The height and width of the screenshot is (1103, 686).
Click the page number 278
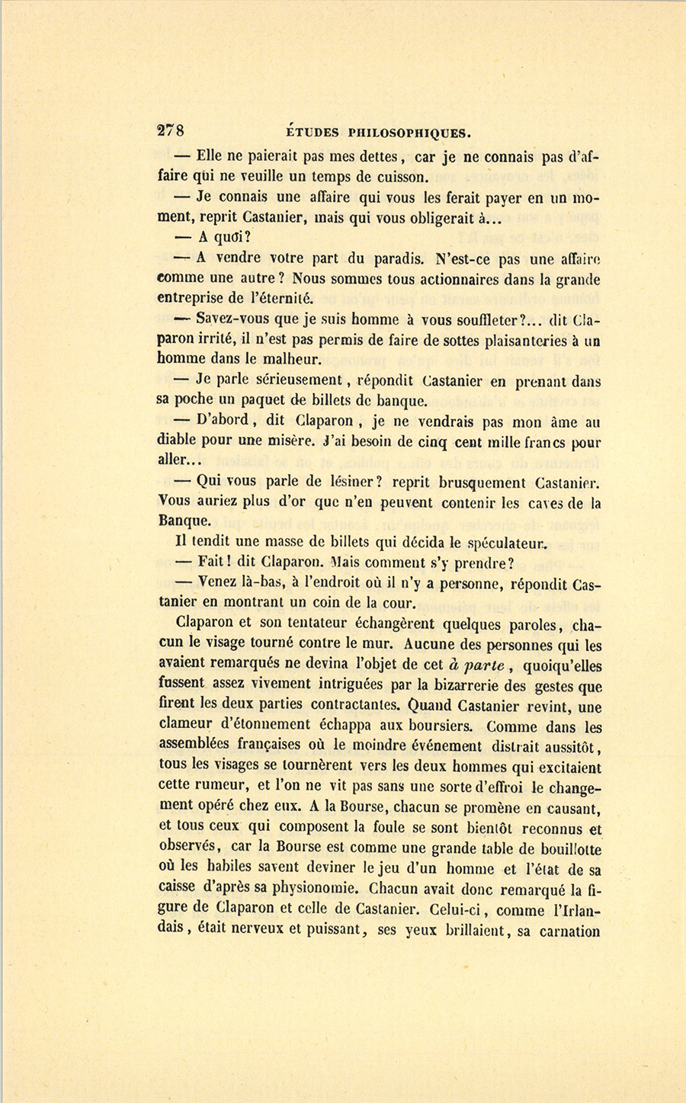pyautogui.click(x=171, y=130)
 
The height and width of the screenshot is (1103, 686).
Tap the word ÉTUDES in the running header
pyautogui.click(x=309, y=132)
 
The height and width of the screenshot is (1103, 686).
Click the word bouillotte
pyautogui.click(x=561, y=848)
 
